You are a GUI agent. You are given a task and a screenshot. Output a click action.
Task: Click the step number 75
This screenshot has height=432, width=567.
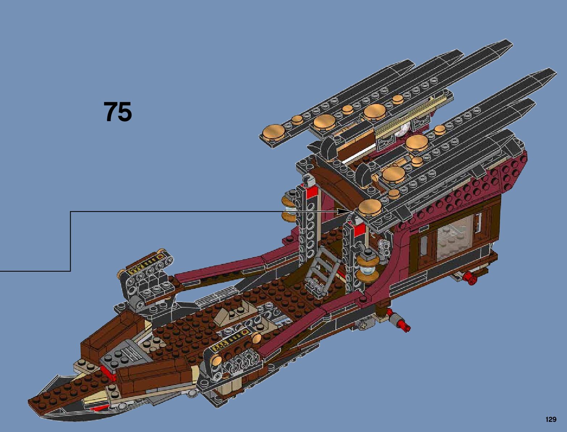click(118, 112)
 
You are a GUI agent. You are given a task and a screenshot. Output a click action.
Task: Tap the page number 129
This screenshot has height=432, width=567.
click(550, 420)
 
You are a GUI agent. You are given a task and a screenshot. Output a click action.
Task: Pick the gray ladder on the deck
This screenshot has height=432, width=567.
click(319, 269)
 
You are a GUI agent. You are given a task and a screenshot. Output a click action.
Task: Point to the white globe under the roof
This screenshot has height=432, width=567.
click(403, 129)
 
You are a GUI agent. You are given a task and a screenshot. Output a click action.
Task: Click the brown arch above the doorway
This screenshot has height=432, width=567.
click(337, 183)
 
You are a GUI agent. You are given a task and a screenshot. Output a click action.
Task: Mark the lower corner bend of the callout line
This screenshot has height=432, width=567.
click(70, 271)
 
